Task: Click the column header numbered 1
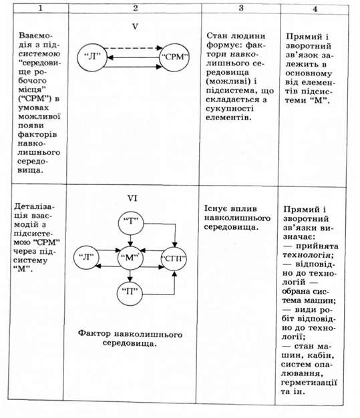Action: click(x=40, y=8)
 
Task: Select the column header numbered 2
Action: click(x=136, y=8)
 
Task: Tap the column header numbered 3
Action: click(x=241, y=8)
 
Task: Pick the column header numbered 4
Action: click(x=315, y=9)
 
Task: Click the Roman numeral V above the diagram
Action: click(x=135, y=27)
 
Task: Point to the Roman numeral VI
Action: click(x=132, y=198)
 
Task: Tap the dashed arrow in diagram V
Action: click(x=133, y=48)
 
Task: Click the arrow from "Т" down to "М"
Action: click(x=130, y=240)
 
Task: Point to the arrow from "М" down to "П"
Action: click(x=130, y=275)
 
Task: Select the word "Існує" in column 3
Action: click(x=216, y=209)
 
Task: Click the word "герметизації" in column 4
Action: click(x=309, y=383)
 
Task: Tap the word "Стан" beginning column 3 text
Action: click(x=217, y=36)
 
